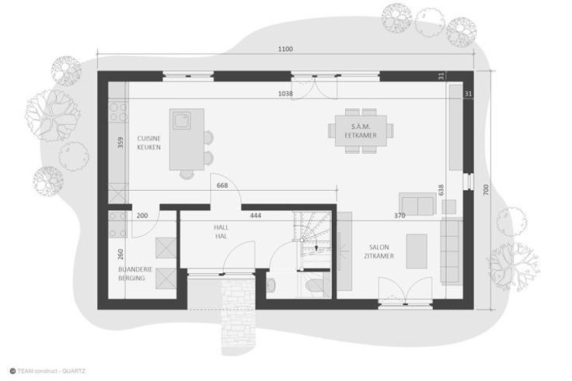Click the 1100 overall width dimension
coord(285,49)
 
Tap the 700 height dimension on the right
coord(486,190)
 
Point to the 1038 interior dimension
coord(285,94)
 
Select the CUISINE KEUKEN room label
coord(149,143)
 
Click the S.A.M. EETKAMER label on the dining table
coord(361,131)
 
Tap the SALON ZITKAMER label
coord(379,251)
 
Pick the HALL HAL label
coord(221,232)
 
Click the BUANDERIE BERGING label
coord(135,274)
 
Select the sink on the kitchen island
coord(182,120)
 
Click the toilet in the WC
coord(315,286)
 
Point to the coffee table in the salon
coord(417,251)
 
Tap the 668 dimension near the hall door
coord(222,185)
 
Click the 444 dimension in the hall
coord(256,216)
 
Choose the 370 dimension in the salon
coord(399,216)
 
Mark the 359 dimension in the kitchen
coord(120,143)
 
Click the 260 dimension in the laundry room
coord(120,255)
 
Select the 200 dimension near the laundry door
coord(142,216)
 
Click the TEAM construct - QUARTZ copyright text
coord(47,371)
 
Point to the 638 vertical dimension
coord(441,190)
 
